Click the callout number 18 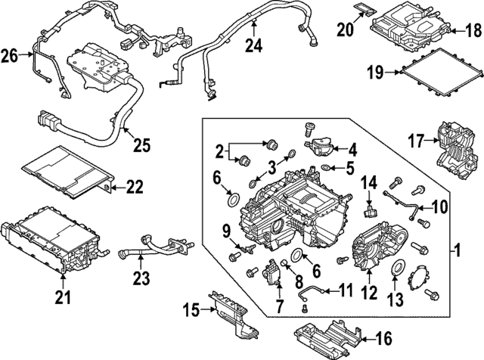tap(472, 31)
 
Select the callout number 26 tap(10, 54)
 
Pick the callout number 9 tap(225, 231)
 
